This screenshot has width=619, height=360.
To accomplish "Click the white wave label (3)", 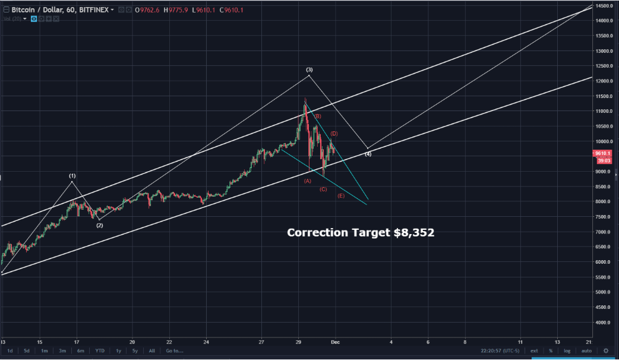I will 309,70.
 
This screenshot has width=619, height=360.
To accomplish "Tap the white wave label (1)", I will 72,176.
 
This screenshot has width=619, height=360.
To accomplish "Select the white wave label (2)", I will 99,225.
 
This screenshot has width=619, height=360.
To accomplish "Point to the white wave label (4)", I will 368,154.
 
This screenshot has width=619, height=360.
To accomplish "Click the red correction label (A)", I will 308,181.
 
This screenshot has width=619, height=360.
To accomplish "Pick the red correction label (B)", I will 318,116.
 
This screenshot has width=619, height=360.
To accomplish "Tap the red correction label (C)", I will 323,189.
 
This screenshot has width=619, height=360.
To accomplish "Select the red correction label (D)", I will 334,134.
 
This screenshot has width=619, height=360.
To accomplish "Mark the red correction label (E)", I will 340,195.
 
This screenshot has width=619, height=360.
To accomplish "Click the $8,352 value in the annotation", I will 413,232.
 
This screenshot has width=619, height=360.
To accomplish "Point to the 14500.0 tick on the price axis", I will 604,6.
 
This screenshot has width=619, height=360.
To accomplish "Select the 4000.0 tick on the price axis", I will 604,323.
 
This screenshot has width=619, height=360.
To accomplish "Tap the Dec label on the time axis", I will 334,343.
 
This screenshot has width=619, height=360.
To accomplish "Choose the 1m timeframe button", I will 44,350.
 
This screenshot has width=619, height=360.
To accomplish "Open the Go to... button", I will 174,350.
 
